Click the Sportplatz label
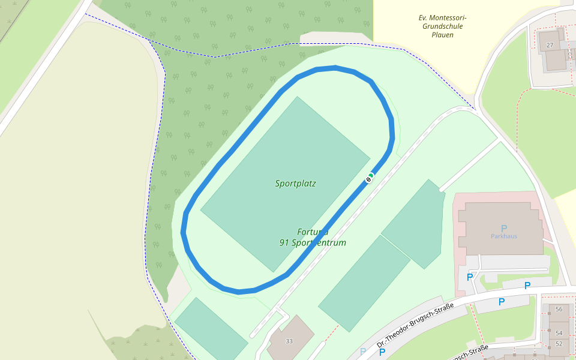coord(295,184)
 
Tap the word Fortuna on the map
coord(313,232)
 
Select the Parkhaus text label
coord(503,236)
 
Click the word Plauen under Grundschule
coord(442,35)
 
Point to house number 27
coord(550,45)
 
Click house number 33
coord(289,341)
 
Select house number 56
coord(559,309)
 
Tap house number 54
coord(559,333)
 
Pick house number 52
coord(559,344)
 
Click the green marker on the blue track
coord(371,175)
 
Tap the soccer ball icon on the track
coord(368,179)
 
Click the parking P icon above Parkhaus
coord(504,228)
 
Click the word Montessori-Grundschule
coord(442,22)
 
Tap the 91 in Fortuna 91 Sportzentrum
coord(284,243)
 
